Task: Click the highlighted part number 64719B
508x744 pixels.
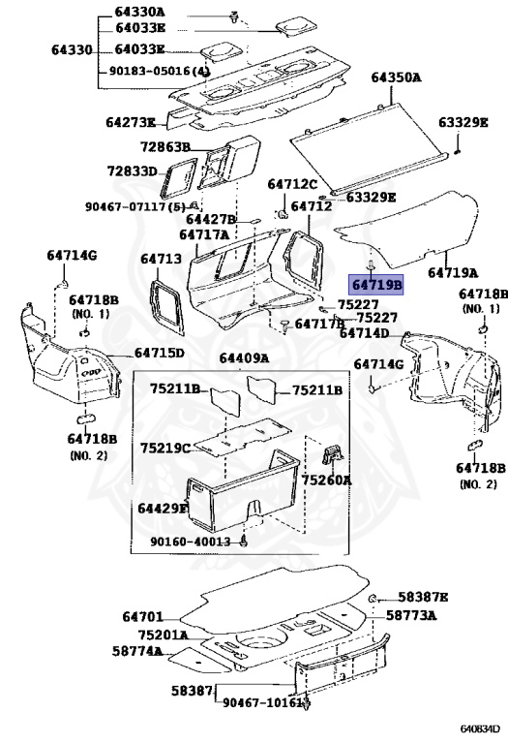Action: [x=376, y=285]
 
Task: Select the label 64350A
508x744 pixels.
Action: [x=396, y=77]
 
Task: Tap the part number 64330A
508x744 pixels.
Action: [x=139, y=12]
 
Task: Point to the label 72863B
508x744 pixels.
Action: [x=164, y=147]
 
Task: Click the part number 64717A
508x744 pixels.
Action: [x=204, y=234]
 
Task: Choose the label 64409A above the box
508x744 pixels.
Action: [x=244, y=358]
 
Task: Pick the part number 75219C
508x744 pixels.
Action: [x=164, y=448]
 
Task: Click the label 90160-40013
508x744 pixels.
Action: [x=191, y=542]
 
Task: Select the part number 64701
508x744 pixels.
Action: [x=142, y=617]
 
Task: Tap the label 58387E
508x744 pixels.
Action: [x=423, y=597]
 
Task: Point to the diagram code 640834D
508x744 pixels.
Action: [x=480, y=728]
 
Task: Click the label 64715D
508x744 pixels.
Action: [x=160, y=353]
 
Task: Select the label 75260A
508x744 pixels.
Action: [x=326, y=480]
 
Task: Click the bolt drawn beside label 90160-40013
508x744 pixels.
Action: [x=244, y=542]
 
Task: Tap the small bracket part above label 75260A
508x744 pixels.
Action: [x=333, y=455]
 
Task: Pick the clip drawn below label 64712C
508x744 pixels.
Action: [x=284, y=214]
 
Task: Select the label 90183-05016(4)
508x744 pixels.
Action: [x=160, y=71]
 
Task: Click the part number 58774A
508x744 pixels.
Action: [x=137, y=651]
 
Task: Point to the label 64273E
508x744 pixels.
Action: [x=131, y=123]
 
